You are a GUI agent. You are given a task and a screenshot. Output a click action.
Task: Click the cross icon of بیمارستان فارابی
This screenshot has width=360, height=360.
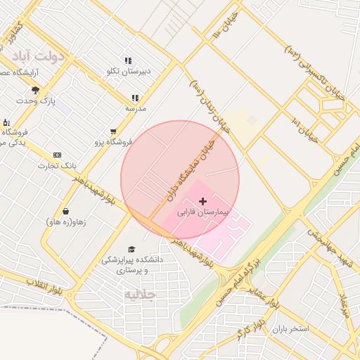coord(203,201)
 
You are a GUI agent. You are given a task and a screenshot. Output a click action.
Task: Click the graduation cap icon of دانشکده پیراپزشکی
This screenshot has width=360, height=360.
coord(131,249)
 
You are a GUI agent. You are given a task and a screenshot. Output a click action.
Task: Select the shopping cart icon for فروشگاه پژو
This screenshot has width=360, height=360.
coord(113,131)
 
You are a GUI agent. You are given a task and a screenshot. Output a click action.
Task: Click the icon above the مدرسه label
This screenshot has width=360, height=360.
coord(134,98)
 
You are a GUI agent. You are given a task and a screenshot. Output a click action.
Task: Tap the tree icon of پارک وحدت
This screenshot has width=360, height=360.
coord(35,90)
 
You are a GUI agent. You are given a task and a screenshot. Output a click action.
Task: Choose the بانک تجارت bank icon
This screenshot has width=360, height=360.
coord(57,155)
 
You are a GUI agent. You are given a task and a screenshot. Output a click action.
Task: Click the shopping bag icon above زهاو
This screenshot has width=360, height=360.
coord(65,211)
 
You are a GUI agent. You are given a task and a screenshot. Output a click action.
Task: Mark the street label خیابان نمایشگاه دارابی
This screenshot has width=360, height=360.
coord(189,167)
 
